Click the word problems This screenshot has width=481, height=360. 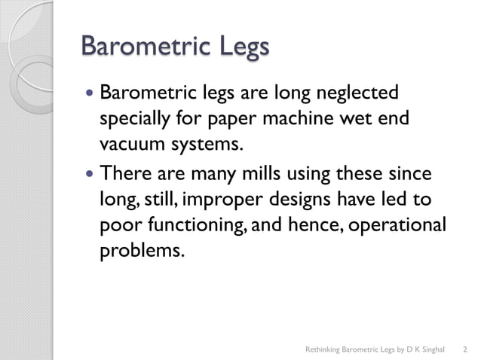click(x=141, y=249)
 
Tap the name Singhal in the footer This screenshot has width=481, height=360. click(x=431, y=349)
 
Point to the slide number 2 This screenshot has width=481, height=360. click(x=464, y=349)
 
